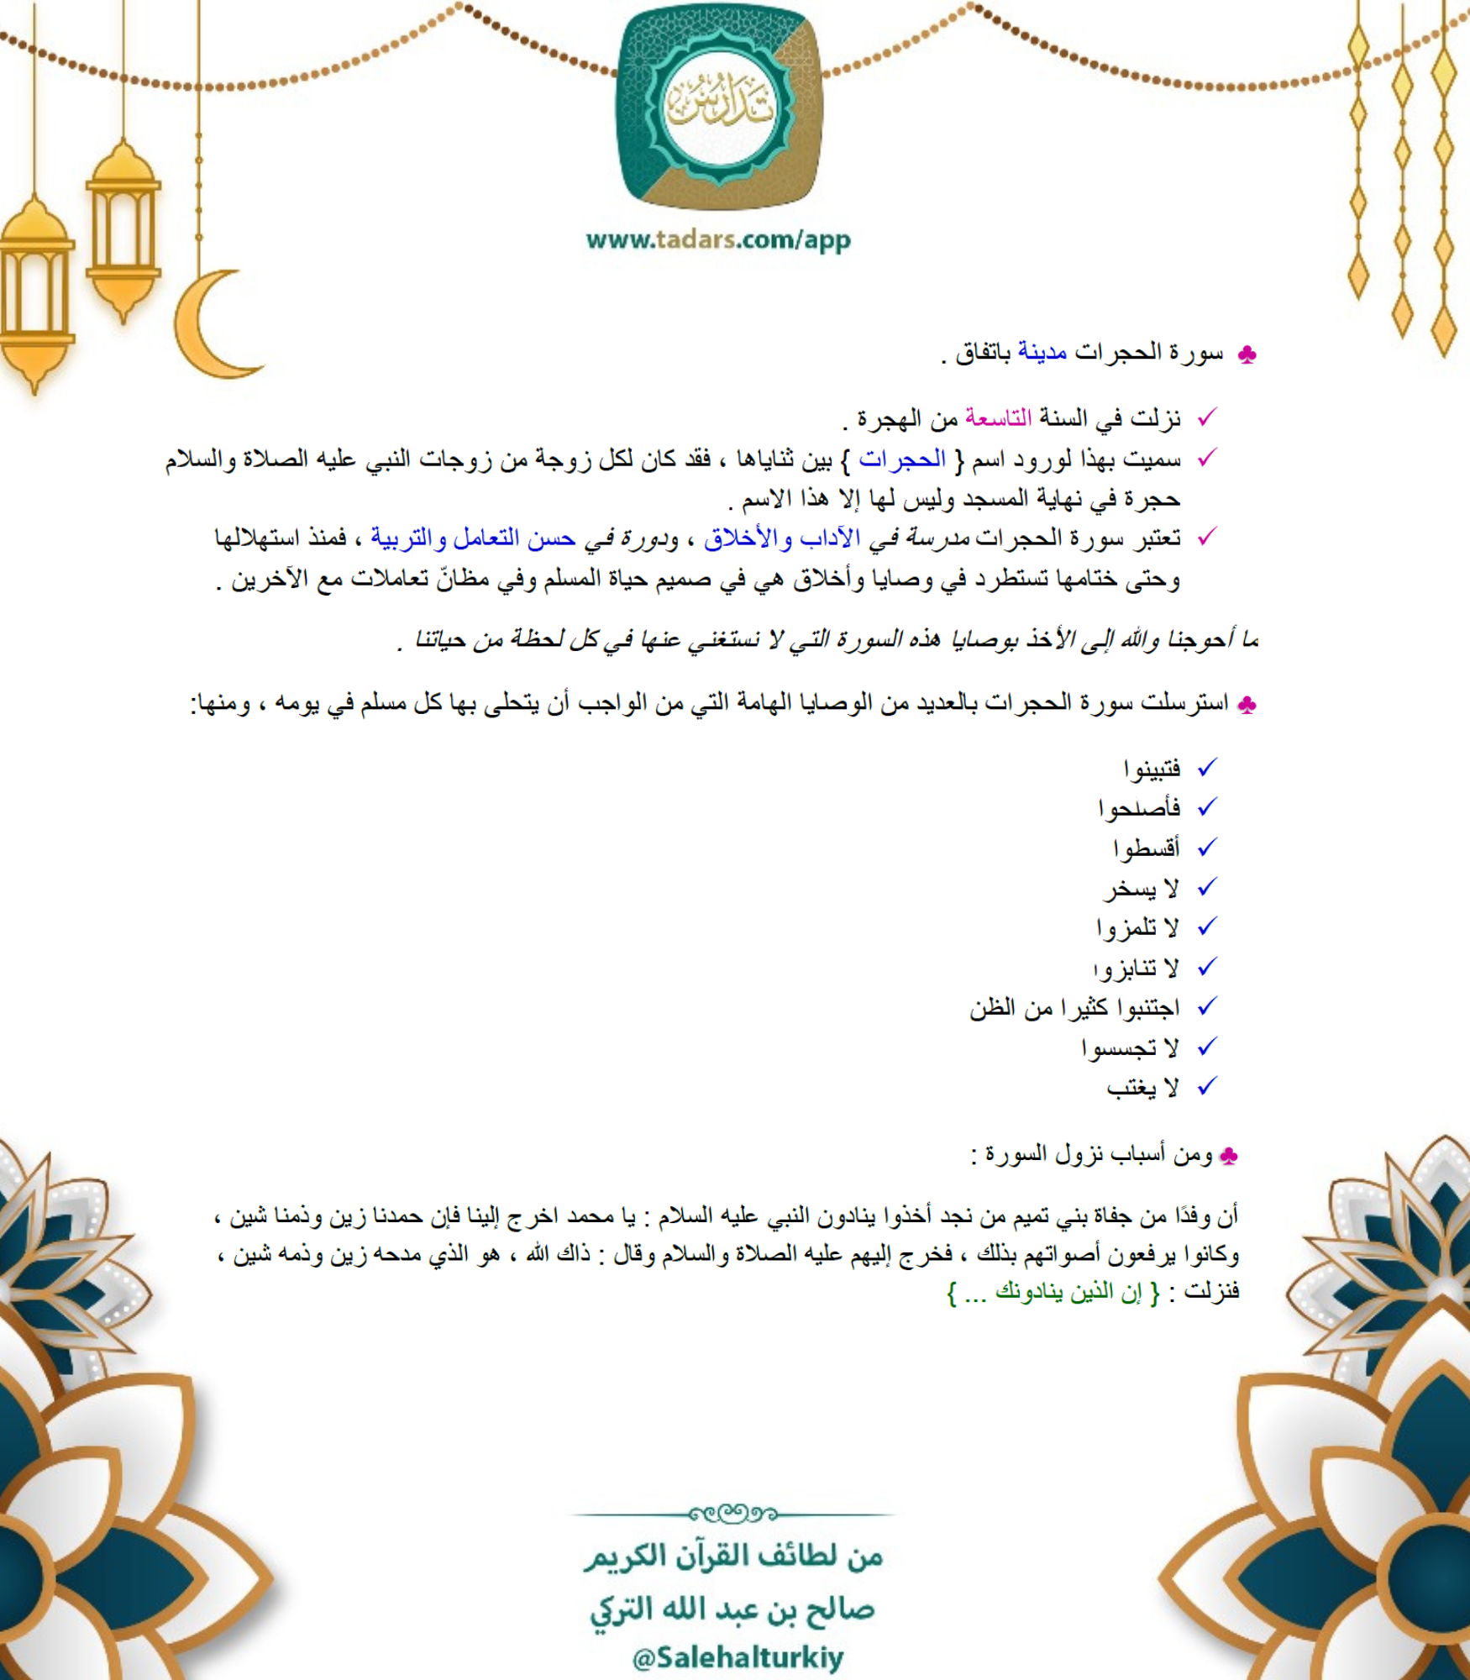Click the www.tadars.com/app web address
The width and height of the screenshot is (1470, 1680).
[x=718, y=240]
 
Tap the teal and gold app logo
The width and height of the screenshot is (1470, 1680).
[x=720, y=107]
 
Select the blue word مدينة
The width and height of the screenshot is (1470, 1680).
[x=1042, y=352]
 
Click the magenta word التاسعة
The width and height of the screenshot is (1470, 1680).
[x=997, y=417]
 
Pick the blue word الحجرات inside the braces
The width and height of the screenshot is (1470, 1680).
[x=901, y=459]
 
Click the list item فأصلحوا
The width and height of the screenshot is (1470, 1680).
[x=1139, y=808]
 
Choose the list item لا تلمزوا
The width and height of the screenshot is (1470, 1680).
[x=1137, y=928]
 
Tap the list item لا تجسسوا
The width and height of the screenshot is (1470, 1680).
[x=1130, y=1047]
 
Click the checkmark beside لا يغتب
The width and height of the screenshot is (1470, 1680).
[x=1207, y=1087]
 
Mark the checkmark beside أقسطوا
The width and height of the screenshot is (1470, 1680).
[x=1207, y=848]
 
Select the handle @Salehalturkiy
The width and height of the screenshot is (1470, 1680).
[x=737, y=1657]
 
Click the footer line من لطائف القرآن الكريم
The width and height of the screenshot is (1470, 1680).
[x=733, y=1557]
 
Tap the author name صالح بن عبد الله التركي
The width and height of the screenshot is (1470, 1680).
[x=732, y=1609]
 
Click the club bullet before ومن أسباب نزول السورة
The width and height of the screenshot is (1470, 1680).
[x=1228, y=1157]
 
